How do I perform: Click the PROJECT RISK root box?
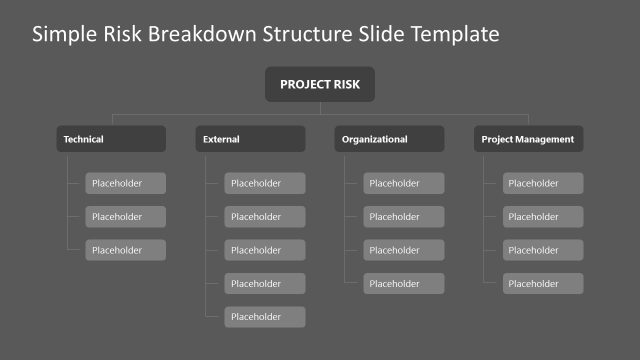(x=319, y=84)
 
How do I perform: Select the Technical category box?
(x=111, y=139)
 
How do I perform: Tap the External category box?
(x=250, y=139)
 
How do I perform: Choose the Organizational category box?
(x=389, y=139)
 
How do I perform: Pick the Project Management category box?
(x=528, y=139)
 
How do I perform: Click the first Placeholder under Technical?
(x=125, y=183)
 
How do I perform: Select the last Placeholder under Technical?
(x=125, y=250)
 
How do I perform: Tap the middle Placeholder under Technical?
(x=125, y=216)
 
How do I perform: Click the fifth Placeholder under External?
(x=264, y=317)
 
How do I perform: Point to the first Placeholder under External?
(x=264, y=183)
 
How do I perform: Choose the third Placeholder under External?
(x=264, y=250)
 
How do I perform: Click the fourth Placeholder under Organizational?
(x=403, y=284)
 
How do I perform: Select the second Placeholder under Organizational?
(x=403, y=216)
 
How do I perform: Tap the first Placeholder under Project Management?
(x=542, y=183)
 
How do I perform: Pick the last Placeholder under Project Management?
(x=542, y=284)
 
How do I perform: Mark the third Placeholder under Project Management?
(x=542, y=250)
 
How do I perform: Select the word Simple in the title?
(x=61, y=35)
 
